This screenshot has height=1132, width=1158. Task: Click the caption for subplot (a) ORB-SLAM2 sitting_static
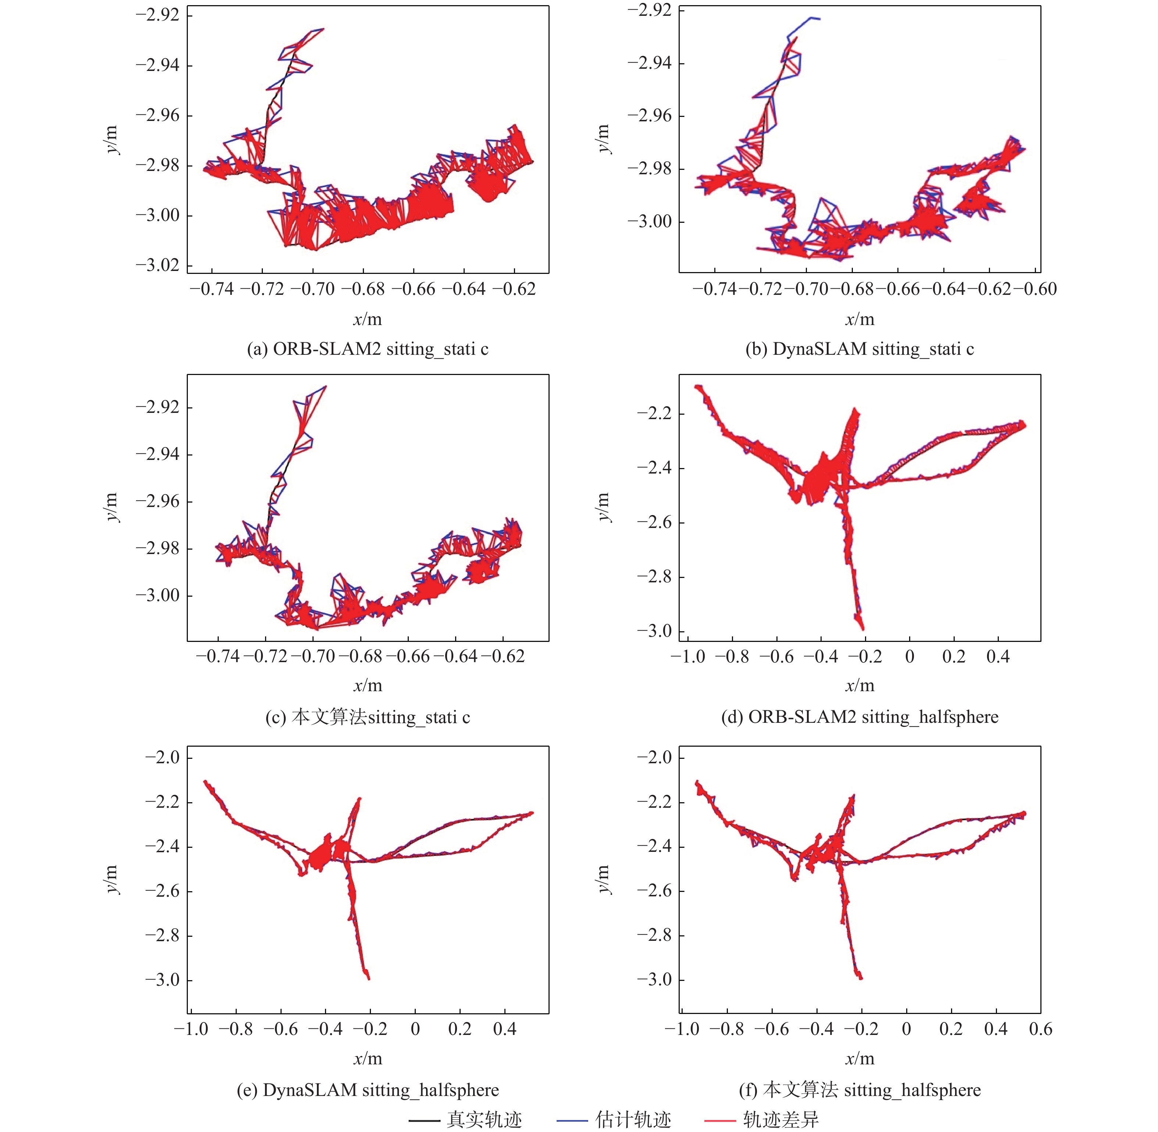pos(367,349)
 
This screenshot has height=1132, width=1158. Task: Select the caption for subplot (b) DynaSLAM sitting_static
pos(859,349)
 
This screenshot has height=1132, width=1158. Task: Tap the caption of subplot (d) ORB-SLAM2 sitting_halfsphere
pos(859,717)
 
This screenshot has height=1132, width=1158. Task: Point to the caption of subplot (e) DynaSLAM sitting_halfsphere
pos(367,1090)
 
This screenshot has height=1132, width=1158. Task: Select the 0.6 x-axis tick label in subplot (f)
pos(1040,1029)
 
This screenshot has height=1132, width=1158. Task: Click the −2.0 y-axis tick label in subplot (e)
pos(162,757)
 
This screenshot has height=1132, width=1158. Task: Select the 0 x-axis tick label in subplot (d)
pos(909,657)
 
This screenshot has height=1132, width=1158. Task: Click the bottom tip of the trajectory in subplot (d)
pos(862,628)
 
